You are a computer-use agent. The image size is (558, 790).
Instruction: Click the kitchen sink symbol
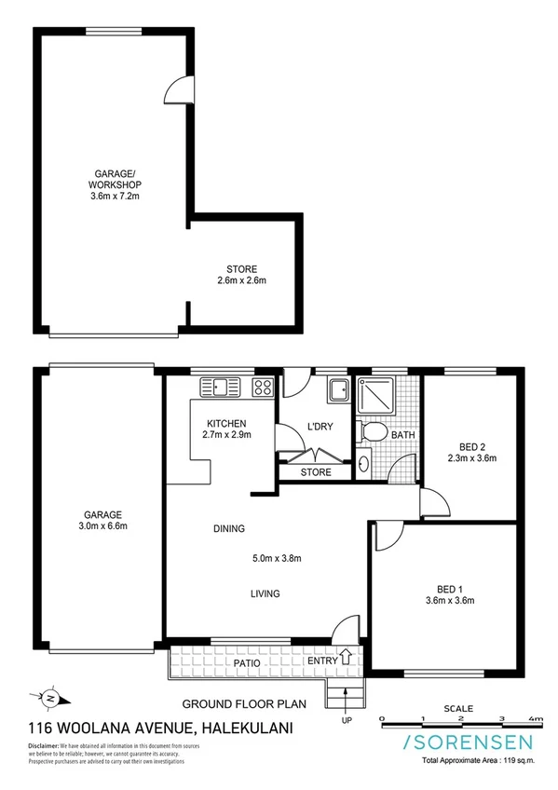222,385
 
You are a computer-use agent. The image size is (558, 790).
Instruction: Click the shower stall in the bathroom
380,396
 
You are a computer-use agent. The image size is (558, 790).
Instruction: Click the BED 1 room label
449,588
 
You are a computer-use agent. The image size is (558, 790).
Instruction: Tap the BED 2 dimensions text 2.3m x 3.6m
471,457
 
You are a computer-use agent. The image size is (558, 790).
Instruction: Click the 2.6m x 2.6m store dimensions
241,280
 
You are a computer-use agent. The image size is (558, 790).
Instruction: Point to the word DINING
228,528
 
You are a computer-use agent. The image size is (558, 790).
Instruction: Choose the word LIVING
265,593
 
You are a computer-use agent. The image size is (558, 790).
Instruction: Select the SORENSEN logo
468,742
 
